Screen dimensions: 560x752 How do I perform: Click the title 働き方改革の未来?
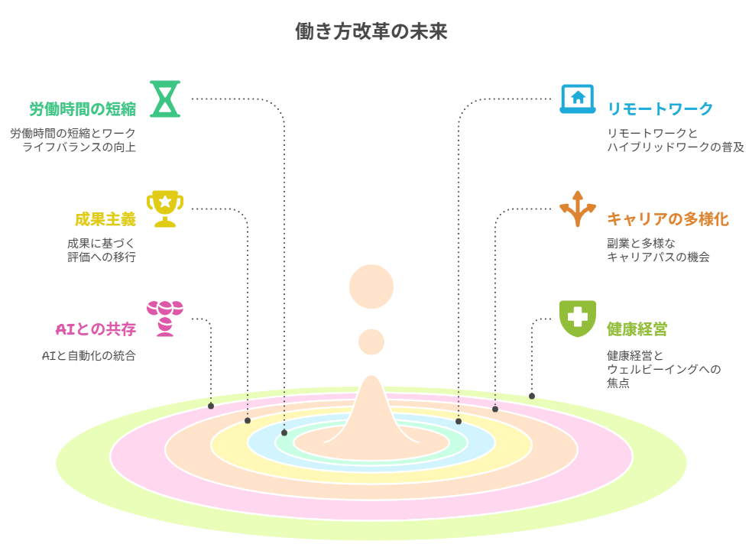(x=371, y=31)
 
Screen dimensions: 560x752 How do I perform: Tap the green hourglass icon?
(x=165, y=99)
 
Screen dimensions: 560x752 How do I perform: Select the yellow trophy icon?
(x=165, y=209)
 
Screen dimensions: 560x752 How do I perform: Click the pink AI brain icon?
(x=165, y=318)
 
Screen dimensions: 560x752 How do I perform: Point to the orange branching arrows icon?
(x=578, y=209)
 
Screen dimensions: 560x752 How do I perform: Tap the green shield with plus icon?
(x=578, y=318)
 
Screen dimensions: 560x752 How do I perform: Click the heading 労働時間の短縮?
(x=83, y=109)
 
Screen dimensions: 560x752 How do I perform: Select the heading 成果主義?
(x=105, y=219)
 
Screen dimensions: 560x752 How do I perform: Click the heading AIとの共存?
(x=96, y=329)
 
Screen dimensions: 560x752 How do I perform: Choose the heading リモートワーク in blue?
(x=660, y=109)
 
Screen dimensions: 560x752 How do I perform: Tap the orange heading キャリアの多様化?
(x=668, y=219)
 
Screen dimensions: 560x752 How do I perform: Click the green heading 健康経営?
(x=637, y=329)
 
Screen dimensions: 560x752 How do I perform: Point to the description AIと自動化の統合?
(x=89, y=356)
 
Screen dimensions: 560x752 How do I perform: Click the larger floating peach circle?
(x=371, y=286)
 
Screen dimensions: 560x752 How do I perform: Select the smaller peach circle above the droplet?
(x=371, y=342)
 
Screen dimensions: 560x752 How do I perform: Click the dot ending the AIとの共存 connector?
(x=211, y=406)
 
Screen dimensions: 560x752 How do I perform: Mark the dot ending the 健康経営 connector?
(x=532, y=396)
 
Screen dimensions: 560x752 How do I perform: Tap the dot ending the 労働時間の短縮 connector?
(x=284, y=432)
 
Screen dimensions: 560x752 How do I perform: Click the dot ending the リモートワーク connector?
(x=459, y=421)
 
